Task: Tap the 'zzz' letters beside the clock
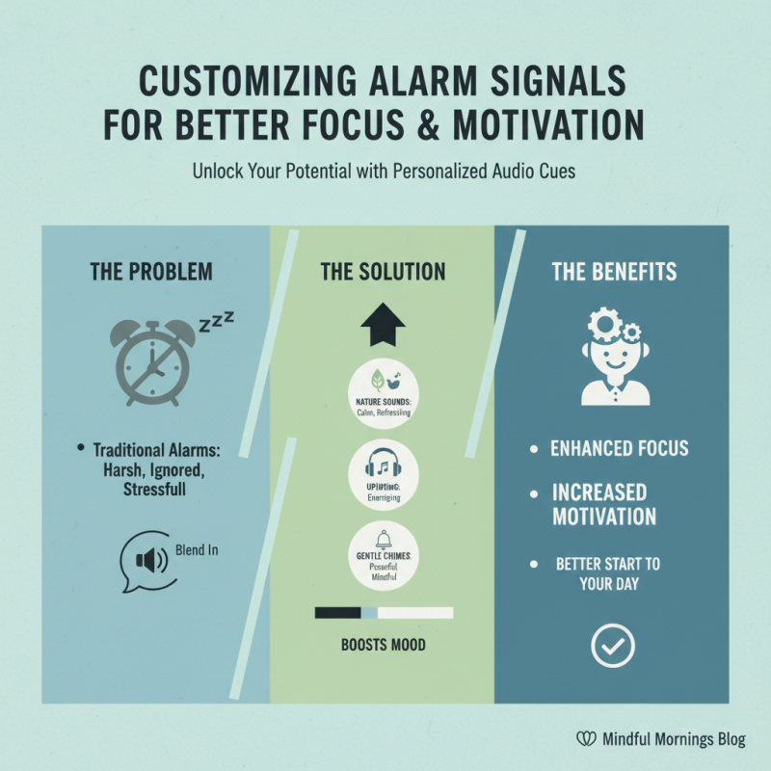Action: tap(216, 321)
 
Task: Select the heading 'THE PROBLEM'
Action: tap(151, 272)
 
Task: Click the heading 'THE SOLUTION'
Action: tap(383, 272)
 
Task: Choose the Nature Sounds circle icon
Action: tap(383, 382)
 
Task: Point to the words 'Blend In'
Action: tap(196, 550)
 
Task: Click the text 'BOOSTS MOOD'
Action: tap(383, 645)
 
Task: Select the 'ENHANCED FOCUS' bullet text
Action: tap(620, 448)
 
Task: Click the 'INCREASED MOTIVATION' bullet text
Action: tap(604, 504)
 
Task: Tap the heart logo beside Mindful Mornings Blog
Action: tap(583, 740)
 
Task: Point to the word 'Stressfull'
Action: tap(147, 490)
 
